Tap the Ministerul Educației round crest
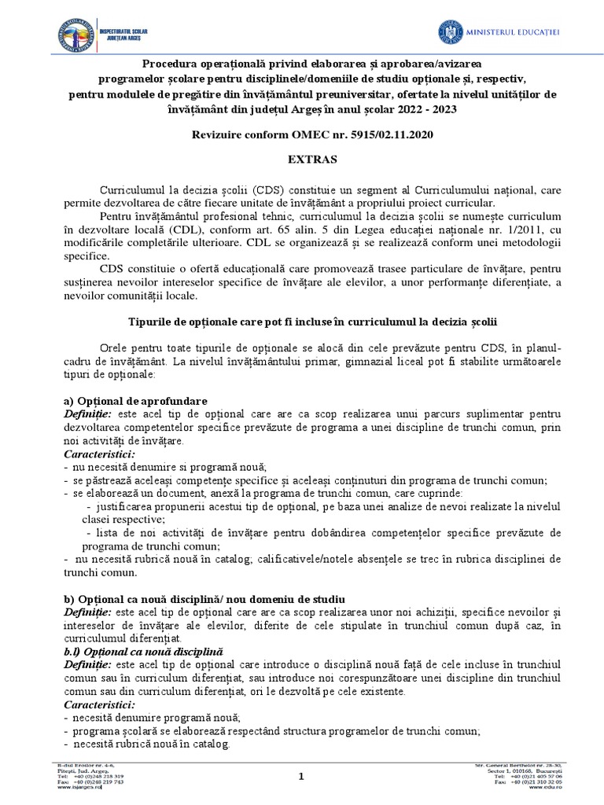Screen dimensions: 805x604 (x=451, y=31)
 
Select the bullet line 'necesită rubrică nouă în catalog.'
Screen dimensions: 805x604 (x=150, y=744)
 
